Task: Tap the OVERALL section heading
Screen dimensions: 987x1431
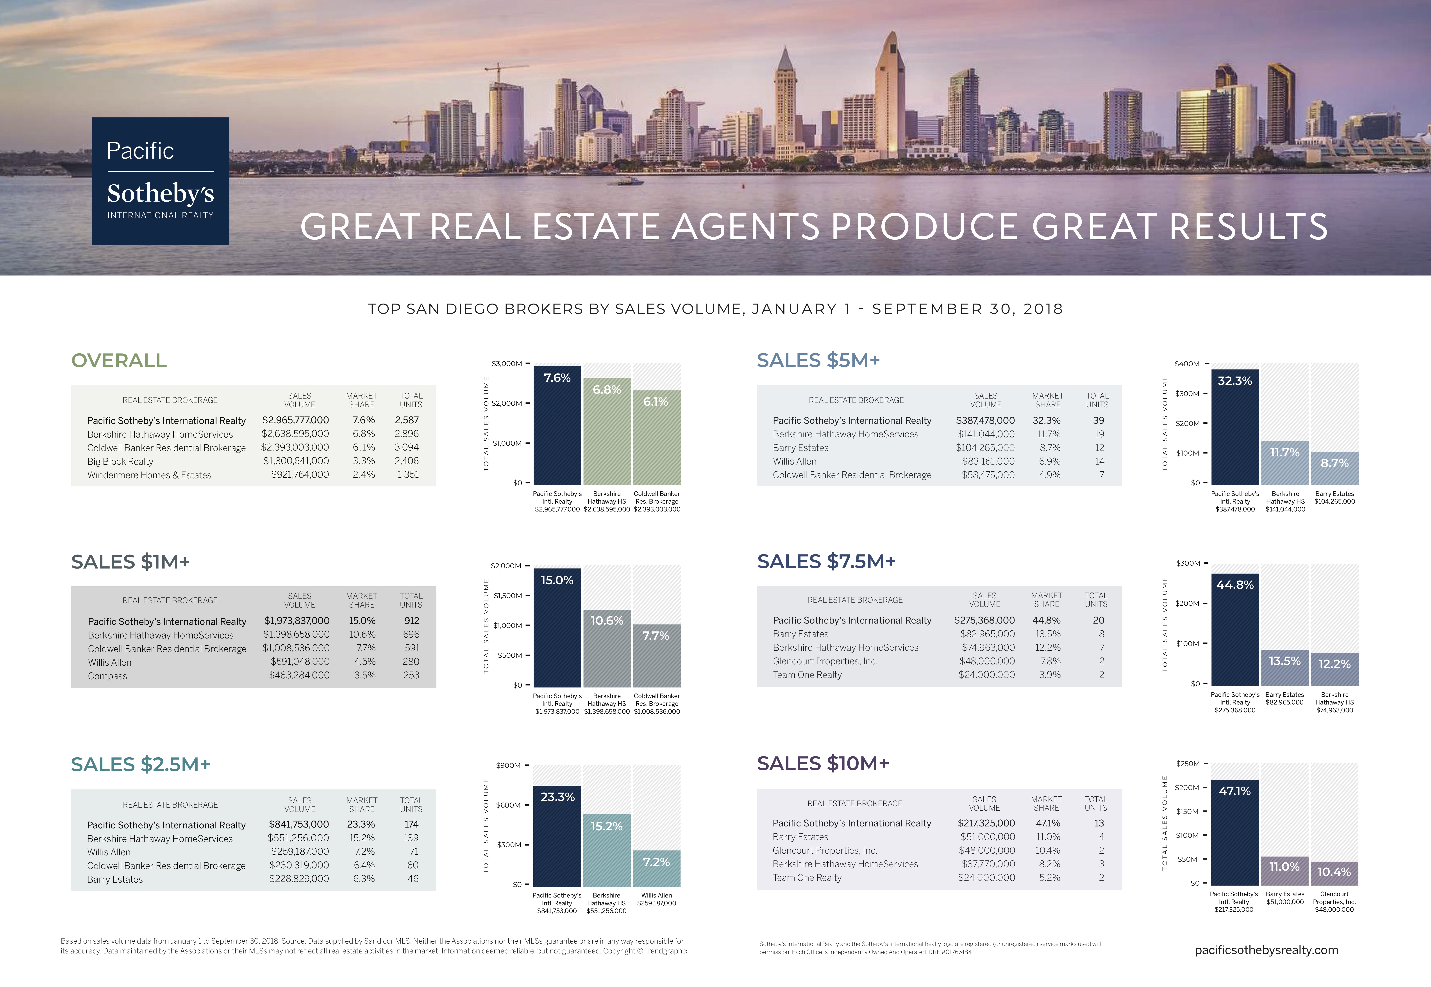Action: pos(119,361)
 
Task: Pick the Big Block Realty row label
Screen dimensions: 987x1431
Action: pos(120,461)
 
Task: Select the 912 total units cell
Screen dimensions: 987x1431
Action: pos(411,621)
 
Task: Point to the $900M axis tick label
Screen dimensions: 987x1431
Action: pos(508,766)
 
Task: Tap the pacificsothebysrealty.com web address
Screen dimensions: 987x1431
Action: pos(1266,950)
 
